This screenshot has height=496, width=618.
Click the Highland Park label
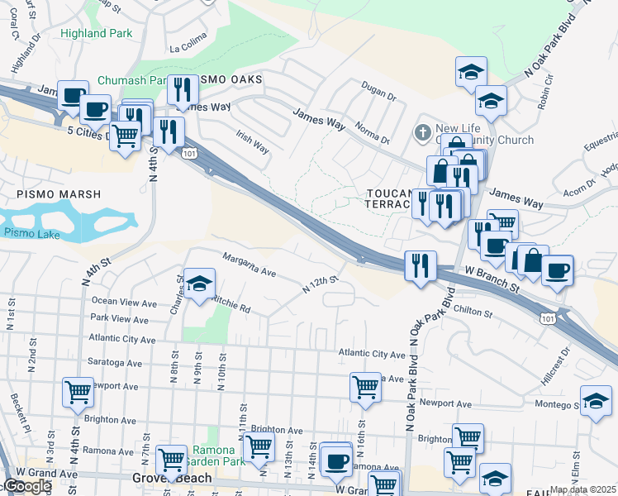click(96, 34)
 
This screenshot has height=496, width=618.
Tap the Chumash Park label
click(131, 81)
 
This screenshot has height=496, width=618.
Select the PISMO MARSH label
click(58, 194)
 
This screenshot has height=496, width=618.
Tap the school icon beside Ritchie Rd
click(198, 285)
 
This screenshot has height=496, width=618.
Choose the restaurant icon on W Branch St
click(420, 266)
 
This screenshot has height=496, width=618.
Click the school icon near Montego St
click(595, 401)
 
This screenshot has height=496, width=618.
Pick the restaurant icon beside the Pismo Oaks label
click(182, 89)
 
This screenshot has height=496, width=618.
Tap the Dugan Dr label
click(379, 91)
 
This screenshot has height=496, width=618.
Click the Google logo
click(26, 487)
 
